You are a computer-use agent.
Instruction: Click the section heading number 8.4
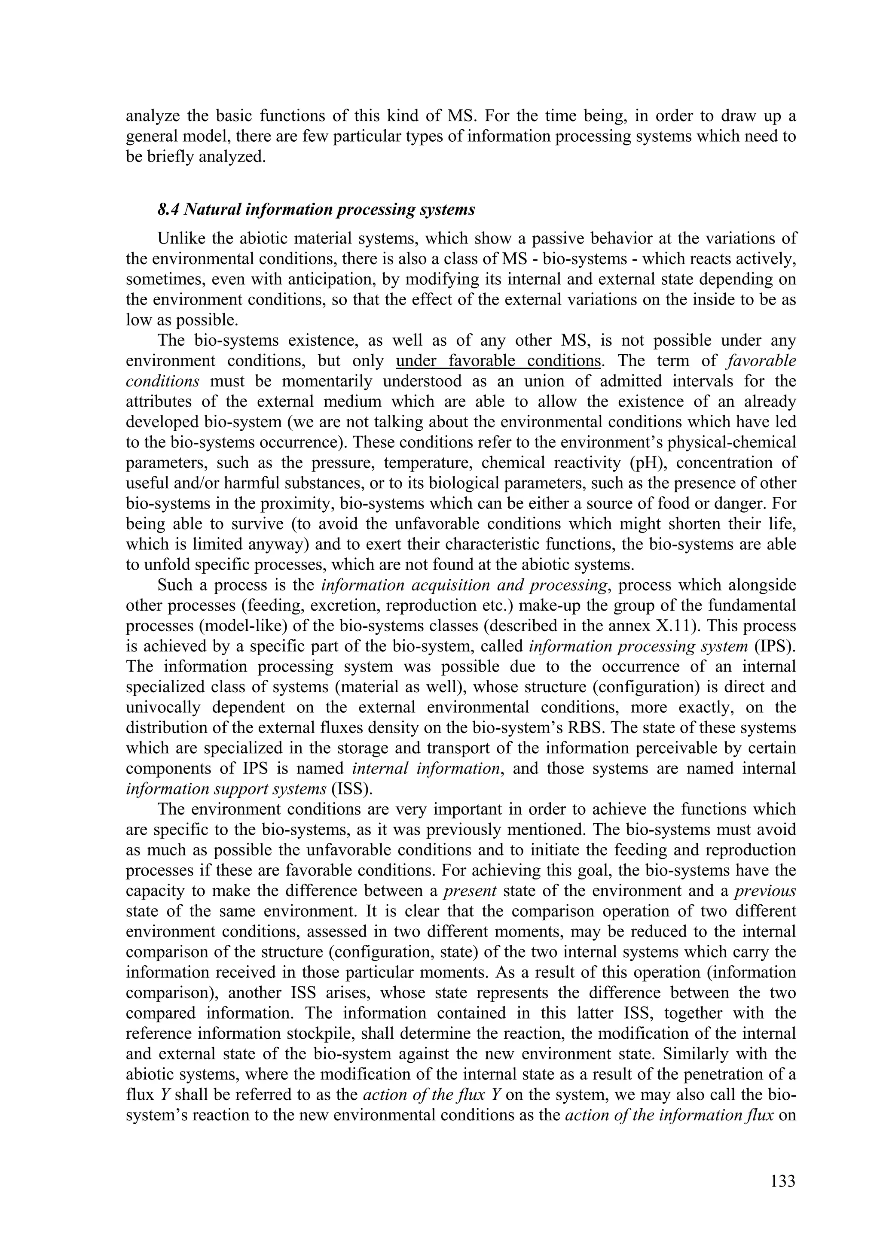168,210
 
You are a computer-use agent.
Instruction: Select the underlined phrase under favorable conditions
498,361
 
